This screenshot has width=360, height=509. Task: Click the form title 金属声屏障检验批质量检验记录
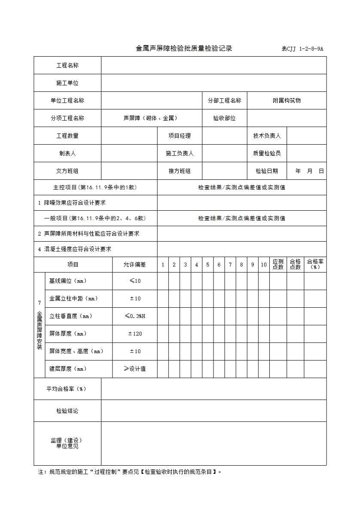[184, 48]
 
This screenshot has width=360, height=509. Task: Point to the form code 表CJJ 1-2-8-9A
[302, 49]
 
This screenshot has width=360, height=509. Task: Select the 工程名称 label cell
[67, 65]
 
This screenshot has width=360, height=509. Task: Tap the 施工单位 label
[67, 83]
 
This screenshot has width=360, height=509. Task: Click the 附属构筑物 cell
[287, 100]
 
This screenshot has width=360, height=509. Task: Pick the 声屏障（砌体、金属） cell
[150, 118]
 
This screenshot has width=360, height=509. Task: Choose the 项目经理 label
[180, 136]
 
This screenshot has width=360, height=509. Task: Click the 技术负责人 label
[267, 136]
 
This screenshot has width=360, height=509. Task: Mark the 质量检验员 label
[267, 153]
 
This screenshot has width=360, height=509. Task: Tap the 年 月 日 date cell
[309, 171]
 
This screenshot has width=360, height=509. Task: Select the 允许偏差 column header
[135, 265]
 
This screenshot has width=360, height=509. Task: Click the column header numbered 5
[207, 265]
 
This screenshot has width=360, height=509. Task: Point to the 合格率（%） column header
[315, 264]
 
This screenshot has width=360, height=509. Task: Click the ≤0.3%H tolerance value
[135, 316]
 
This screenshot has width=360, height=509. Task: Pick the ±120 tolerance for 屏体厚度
[135, 334]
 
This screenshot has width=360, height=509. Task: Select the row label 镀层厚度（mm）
[68, 369]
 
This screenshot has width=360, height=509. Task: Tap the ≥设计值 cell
[135, 369]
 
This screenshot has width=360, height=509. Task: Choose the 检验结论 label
[67, 411]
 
